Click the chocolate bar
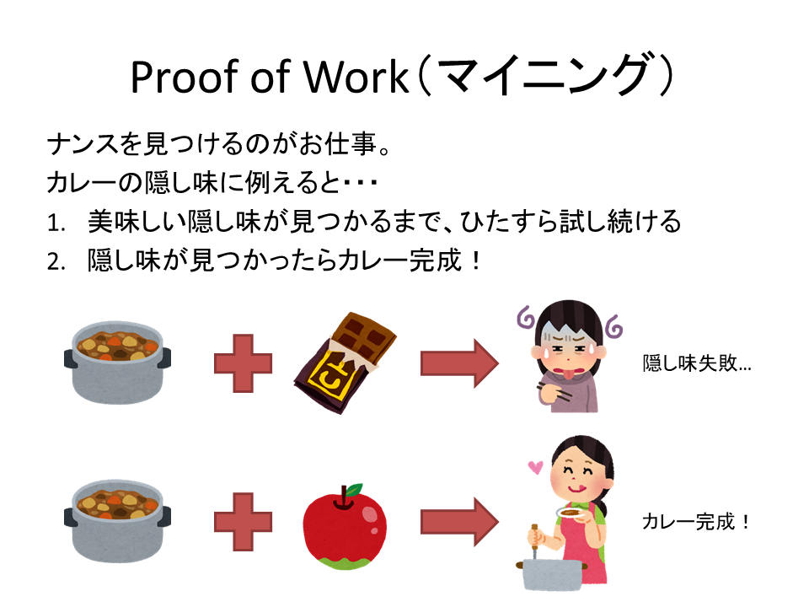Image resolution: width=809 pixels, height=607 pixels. pos(345,363)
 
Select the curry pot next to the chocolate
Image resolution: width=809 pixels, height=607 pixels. pos(117,363)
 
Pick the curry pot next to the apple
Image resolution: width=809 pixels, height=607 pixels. pos(117,521)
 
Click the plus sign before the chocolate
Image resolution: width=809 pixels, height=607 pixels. pos(243,363)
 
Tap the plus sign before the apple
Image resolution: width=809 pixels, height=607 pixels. pos(243,522)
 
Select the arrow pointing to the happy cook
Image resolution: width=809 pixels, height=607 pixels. pos(460,522)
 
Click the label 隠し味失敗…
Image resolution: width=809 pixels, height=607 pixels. pos(697,363)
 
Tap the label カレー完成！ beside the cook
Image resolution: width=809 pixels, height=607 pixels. pos(696,522)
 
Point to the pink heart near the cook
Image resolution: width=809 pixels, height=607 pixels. pos(536,467)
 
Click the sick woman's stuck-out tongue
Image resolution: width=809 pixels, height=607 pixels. pos(566,373)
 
